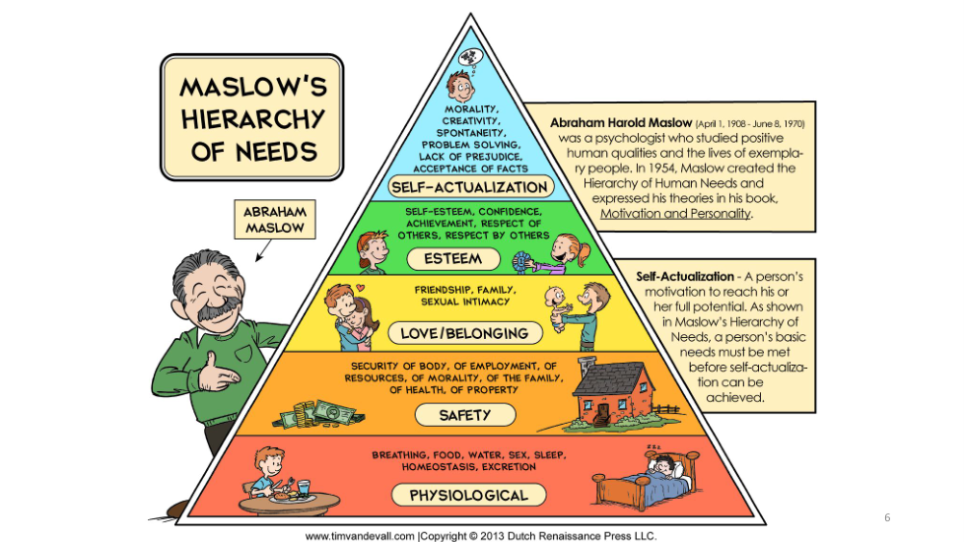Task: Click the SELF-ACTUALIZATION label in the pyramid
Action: (469, 186)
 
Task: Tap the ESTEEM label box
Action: (454, 259)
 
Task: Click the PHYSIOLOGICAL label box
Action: (469, 494)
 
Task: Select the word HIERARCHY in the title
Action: (252, 121)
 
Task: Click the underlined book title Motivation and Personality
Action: (675, 213)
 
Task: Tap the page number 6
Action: (886, 517)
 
